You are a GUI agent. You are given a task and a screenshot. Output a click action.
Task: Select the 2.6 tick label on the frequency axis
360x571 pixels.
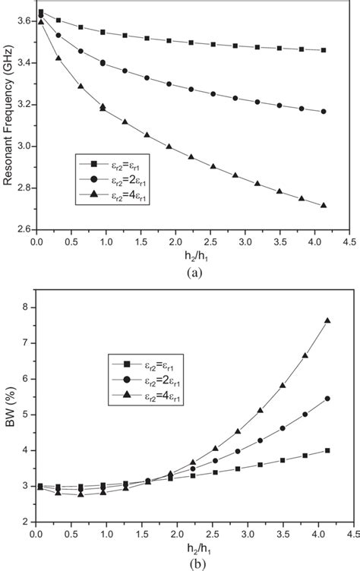click(23, 229)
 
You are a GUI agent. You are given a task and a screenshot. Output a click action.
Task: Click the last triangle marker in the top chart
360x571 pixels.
click(324, 205)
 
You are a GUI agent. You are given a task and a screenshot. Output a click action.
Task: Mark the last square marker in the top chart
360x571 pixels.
click(324, 50)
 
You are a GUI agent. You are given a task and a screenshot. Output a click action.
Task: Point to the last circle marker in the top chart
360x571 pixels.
click(324, 112)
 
